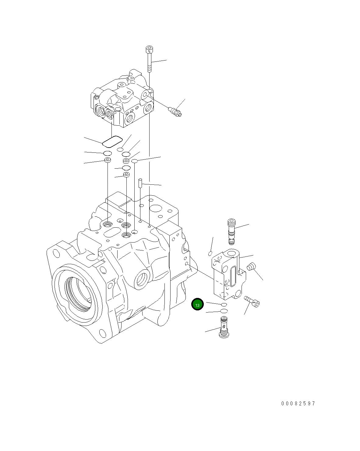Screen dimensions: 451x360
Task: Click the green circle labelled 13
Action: click(x=197, y=305)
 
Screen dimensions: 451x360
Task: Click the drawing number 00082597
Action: click(x=298, y=404)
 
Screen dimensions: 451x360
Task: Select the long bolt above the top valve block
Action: click(x=149, y=59)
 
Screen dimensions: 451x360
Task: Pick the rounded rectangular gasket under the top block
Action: click(x=112, y=141)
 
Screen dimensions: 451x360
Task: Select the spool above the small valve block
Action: click(x=231, y=231)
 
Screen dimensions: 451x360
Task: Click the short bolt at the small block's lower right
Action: click(x=252, y=301)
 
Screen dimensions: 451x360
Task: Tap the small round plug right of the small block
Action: click(x=251, y=267)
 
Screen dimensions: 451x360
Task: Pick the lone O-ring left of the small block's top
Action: click(x=210, y=253)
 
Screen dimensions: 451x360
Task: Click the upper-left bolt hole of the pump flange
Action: click(x=55, y=252)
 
